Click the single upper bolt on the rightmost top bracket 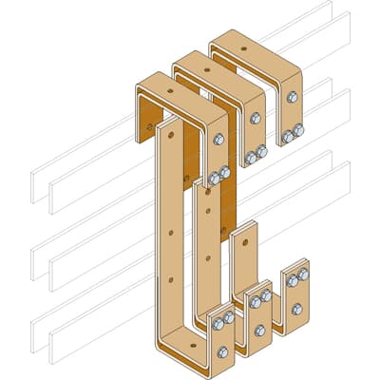tap(291, 97)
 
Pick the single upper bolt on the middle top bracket tap(255, 118)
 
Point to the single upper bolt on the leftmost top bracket tap(218, 140)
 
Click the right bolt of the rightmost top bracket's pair tap(298, 131)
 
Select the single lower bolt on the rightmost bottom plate tap(296, 306)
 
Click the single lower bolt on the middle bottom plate tap(259, 330)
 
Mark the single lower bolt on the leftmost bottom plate tap(223, 351)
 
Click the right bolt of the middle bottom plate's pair tap(267, 295)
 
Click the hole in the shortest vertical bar tap(246, 241)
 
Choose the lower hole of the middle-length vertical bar tap(206, 254)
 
